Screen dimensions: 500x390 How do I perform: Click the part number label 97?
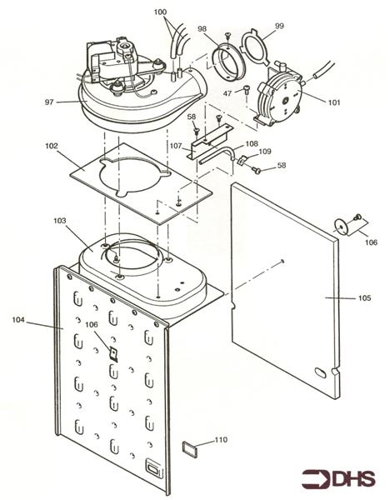(x=50, y=102)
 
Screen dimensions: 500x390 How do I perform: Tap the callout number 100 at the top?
(x=160, y=14)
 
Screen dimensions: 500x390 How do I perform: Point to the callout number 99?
(x=278, y=27)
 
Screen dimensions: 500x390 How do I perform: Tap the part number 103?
(x=59, y=222)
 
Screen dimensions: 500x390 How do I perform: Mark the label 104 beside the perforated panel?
(x=18, y=319)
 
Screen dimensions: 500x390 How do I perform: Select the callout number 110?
(x=220, y=440)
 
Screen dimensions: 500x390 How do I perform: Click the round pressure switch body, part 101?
(x=284, y=98)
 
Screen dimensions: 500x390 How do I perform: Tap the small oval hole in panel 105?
(x=320, y=367)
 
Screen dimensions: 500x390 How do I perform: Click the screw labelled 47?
(x=248, y=90)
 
